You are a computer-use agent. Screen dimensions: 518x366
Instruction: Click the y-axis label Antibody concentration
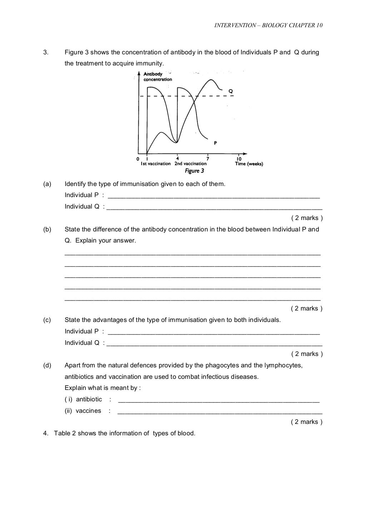(x=157, y=77)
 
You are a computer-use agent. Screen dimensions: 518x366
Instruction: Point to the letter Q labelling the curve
(x=231, y=91)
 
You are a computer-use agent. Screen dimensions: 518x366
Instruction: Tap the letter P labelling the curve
(x=215, y=143)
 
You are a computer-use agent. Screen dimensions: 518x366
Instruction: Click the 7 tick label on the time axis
(x=208, y=158)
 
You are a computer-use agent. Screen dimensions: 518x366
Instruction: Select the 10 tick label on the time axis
(x=239, y=159)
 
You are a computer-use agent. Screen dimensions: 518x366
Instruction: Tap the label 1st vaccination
(x=155, y=164)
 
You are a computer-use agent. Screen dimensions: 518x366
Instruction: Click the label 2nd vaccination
(x=191, y=164)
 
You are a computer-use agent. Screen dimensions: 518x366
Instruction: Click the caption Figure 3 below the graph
(x=194, y=171)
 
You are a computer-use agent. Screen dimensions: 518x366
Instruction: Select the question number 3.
(x=45, y=53)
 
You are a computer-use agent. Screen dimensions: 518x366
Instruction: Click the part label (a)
(x=47, y=184)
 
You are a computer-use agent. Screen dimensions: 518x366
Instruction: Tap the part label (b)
(x=47, y=229)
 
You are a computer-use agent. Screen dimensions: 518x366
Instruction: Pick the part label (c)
(x=47, y=320)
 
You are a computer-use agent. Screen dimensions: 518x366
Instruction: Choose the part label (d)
(x=47, y=365)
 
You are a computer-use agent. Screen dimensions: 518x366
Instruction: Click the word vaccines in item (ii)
(x=88, y=411)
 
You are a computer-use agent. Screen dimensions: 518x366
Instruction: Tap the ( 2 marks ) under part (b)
(x=307, y=308)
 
